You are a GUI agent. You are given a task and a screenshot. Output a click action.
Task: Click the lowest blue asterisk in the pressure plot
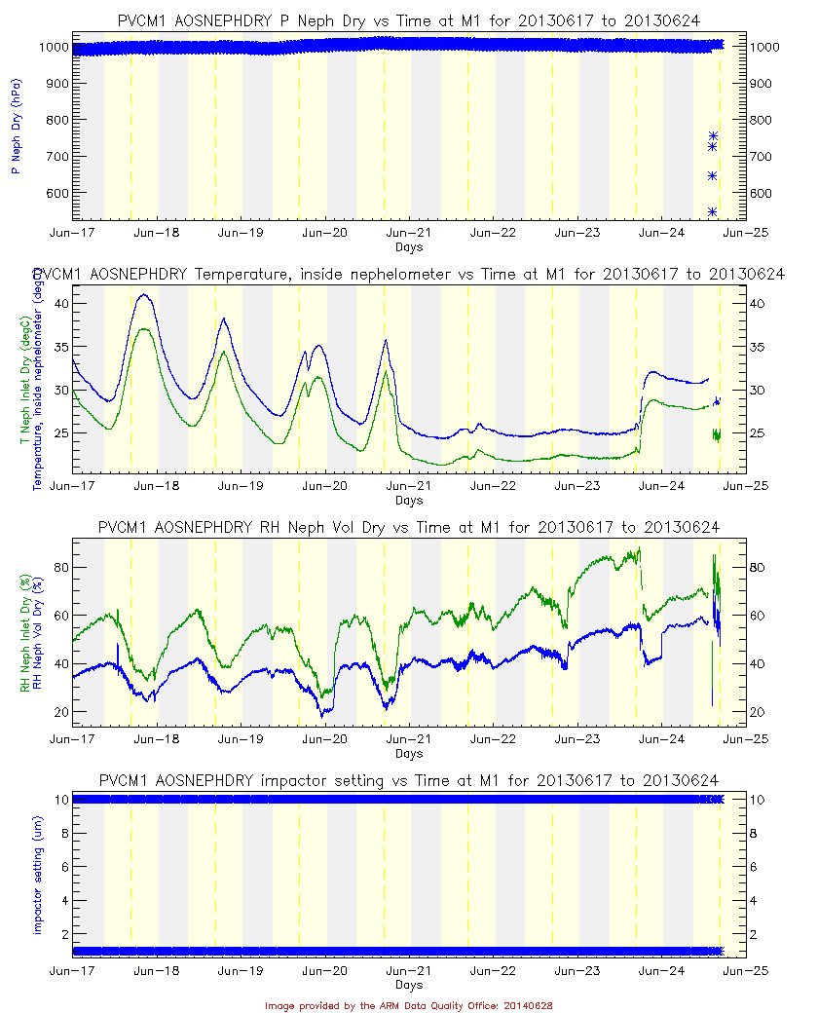pyautogui.click(x=713, y=211)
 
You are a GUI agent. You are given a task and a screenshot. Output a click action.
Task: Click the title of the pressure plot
pyautogui.click(x=409, y=20)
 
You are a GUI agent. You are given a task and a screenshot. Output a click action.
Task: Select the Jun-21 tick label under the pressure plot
pyautogui.click(x=409, y=234)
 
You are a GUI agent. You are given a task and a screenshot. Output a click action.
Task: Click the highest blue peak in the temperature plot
pyautogui.click(x=145, y=294)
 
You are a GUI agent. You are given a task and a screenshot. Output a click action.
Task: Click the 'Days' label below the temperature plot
pyautogui.click(x=409, y=501)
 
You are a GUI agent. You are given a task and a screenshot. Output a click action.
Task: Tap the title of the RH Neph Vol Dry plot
pyautogui.click(x=409, y=527)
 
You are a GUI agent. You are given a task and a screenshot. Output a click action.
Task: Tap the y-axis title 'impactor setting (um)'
pyautogui.click(x=37, y=874)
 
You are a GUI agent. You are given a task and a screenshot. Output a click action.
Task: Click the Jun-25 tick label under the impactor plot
pyautogui.click(x=747, y=972)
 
